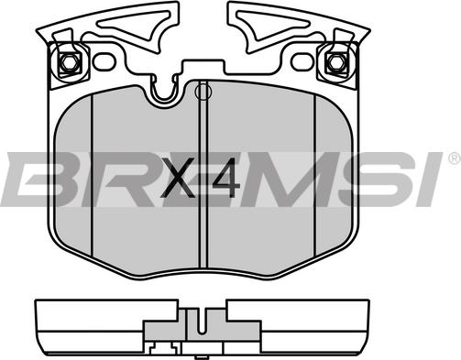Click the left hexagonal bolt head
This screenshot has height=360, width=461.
tap(70, 63)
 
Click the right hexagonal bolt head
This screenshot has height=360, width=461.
tap(336, 63)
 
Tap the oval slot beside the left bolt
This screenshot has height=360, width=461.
tap(104, 61)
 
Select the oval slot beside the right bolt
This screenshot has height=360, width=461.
tap(302, 61)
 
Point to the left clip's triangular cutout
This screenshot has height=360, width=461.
tap(135, 25)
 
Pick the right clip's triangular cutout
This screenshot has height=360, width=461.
tap(272, 25)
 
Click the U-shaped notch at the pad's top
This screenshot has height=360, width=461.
tap(164, 89)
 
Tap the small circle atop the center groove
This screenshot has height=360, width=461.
tap(203, 92)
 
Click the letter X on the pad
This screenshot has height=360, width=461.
tap(179, 178)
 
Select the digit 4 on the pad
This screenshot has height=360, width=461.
tap(226, 178)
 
